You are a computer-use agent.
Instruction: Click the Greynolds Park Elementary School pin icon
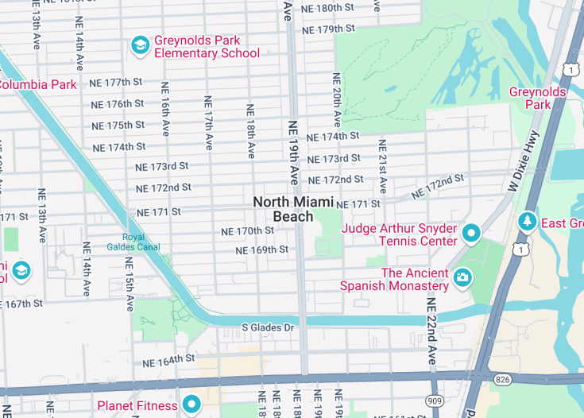140,46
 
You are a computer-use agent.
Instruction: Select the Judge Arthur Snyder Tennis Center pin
471,234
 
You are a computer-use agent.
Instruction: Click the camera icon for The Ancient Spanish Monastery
462,278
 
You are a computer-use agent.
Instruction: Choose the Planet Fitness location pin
191,405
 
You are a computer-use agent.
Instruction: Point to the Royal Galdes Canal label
144,242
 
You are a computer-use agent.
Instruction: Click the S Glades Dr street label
268,327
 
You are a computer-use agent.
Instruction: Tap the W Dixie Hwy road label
523,160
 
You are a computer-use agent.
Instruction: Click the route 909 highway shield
435,401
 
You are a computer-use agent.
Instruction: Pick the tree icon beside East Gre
526,221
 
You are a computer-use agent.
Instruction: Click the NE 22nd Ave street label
431,331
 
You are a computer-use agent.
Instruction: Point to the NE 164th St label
168,360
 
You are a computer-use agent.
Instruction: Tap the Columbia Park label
37,84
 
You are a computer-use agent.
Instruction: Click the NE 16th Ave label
165,109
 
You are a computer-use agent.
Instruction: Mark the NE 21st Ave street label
382,166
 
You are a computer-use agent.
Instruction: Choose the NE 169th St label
261,250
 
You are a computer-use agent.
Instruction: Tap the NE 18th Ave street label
250,130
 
